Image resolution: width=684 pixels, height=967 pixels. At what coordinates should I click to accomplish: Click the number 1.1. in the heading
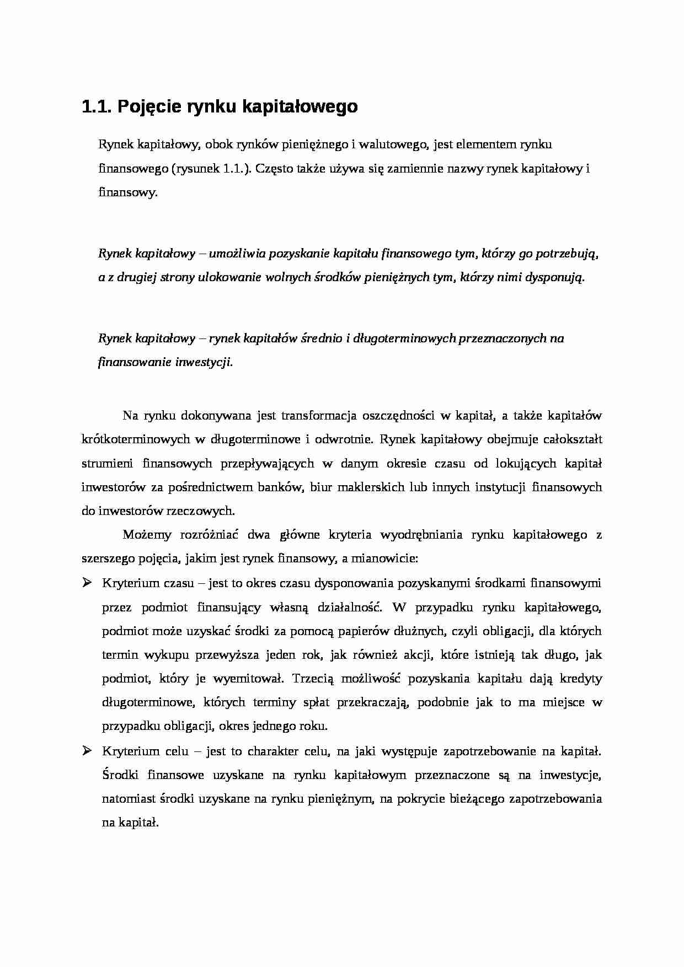97,106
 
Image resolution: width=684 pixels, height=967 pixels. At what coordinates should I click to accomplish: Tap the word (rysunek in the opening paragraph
196,169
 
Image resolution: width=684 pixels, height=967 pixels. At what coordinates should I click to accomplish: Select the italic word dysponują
553,277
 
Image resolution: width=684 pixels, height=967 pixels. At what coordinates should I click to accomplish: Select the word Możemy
142,535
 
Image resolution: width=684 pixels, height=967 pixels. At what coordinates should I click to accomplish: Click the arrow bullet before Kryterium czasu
87,583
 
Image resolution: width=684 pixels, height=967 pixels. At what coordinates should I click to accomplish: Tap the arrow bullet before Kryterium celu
87,750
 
